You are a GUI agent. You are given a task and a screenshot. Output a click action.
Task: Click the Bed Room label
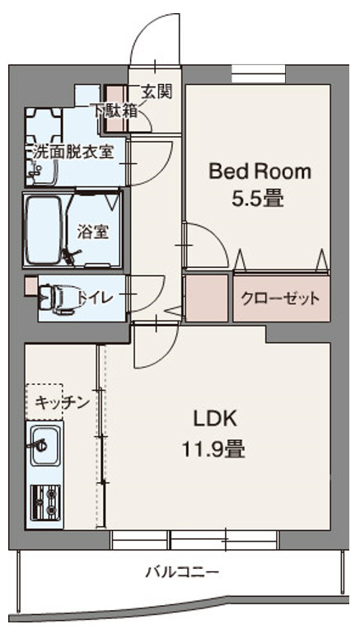[259, 171]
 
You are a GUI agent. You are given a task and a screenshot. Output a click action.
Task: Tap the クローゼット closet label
[280, 298]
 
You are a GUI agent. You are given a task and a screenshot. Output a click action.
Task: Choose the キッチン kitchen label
[62, 402]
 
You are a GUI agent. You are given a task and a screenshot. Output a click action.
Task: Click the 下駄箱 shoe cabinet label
[114, 110]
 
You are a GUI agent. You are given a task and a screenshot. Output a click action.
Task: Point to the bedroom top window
[259, 70]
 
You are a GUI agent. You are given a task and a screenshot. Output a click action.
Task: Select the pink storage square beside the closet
[206, 298]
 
